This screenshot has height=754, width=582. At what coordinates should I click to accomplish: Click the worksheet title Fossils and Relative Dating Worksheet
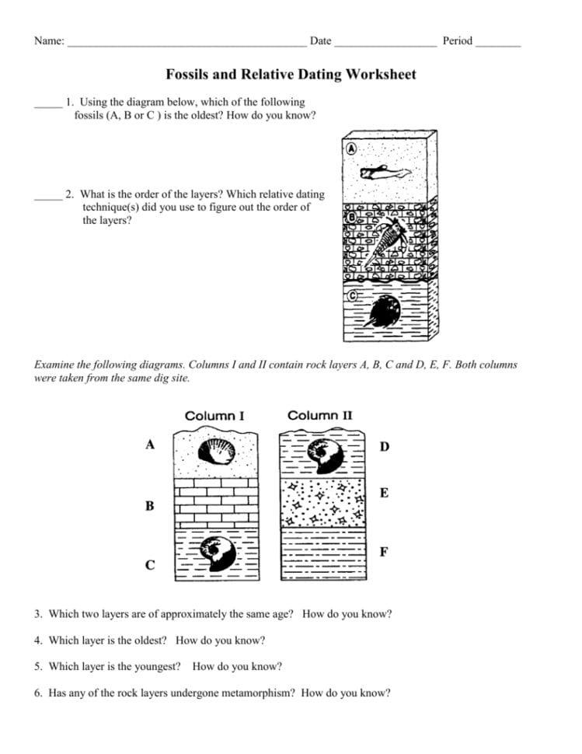(291, 75)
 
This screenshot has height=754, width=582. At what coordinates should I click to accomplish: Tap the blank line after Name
(186, 44)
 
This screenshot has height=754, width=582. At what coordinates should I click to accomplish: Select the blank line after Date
(385, 44)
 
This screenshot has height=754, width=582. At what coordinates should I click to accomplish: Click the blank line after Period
(497, 44)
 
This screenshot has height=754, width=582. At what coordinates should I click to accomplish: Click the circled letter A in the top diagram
(351, 148)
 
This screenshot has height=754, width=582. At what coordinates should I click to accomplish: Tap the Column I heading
(214, 416)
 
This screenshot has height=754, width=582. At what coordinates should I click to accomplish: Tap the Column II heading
(319, 415)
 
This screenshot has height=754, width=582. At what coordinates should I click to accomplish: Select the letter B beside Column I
(150, 506)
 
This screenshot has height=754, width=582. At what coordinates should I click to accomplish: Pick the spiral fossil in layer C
(217, 553)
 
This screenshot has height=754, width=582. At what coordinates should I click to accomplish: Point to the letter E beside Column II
(384, 494)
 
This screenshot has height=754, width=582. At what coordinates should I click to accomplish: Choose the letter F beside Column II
(384, 552)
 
